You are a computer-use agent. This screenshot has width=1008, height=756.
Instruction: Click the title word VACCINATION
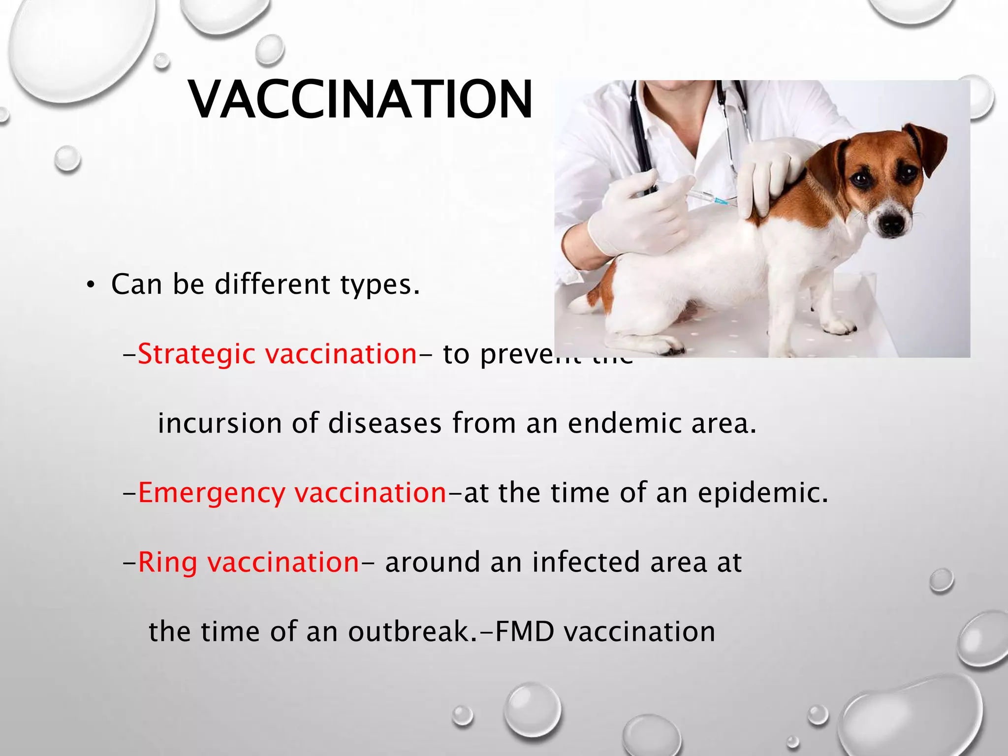coord(360,100)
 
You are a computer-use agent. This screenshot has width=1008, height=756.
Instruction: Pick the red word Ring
coord(167,562)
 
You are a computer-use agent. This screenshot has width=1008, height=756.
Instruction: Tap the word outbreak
coord(412,632)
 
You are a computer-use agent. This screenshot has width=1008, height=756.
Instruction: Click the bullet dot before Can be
coord(90,285)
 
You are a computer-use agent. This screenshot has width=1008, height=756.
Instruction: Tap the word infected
coord(586,562)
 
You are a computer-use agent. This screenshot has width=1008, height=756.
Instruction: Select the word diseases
coord(384,423)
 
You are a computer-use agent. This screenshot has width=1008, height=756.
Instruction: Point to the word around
coord(432,563)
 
